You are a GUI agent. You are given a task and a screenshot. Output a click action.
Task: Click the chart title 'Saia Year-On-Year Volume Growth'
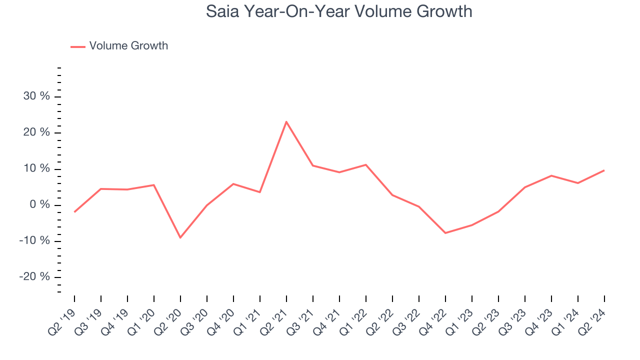pyautogui.click(x=339, y=11)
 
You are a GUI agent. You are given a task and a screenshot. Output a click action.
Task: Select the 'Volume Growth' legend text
pyautogui.click(x=128, y=46)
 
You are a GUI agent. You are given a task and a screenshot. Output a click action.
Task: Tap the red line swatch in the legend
pyautogui.click(x=78, y=46)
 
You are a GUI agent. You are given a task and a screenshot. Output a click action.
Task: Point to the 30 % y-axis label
pyautogui.click(x=36, y=96)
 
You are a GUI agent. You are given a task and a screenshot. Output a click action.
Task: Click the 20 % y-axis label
pyautogui.click(x=36, y=132)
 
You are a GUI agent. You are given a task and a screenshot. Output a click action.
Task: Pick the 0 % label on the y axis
pyautogui.click(x=39, y=205)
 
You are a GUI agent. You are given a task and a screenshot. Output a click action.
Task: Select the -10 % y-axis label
pyautogui.click(x=35, y=241)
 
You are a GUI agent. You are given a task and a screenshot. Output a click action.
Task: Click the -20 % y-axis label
pyautogui.click(x=35, y=277)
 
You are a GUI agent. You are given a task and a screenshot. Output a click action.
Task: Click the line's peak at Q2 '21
pyautogui.click(x=286, y=121)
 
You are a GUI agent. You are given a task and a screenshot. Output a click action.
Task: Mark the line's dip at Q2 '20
pyautogui.click(x=180, y=237)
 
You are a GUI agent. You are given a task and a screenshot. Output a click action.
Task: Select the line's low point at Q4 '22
pyautogui.click(x=445, y=233)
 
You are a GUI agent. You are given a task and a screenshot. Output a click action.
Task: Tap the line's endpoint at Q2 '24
pyautogui.click(x=604, y=170)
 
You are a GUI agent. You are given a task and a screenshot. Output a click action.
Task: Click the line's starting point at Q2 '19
pyautogui.click(x=74, y=212)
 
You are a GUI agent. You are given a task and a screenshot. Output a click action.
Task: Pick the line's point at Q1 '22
pyautogui.click(x=366, y=164)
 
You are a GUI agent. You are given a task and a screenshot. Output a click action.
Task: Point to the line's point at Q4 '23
pyautogui.click(x=551, y=175)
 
